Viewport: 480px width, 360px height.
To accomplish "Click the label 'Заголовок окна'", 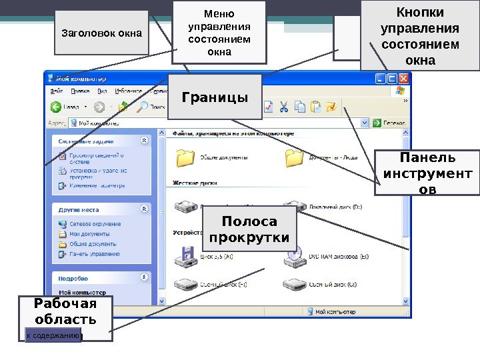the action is pyautogui.click(x=102, y=32).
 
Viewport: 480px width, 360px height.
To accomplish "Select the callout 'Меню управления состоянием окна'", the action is pyautogui.click(x=219, y=32).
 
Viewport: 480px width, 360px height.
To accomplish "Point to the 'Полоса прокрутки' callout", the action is pyautogui.click(x=249, y=229).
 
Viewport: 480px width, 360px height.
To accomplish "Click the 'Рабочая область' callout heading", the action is pyautogui.click(x=65, y=312).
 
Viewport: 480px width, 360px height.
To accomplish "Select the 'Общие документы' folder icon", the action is pyautogui.click(x=184, y=158).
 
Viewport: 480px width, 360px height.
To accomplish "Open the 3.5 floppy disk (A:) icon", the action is pyautogui.click(x=184, y=255).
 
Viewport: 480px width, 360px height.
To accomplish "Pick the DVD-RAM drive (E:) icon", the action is pyautogui.click(x=294, y=255).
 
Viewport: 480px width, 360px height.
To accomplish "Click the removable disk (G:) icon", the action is pyautogui.click(x=294, y=285).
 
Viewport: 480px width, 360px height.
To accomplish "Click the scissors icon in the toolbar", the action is pyautogui.click(x=284, y=107).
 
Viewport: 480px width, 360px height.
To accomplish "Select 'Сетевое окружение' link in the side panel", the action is pyautogui.click(x=95, y=225).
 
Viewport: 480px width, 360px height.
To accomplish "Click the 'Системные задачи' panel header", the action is pyautogui.click(x=86, y=141).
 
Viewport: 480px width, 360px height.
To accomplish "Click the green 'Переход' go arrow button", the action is pyautogui.click(x=377, y=123).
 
